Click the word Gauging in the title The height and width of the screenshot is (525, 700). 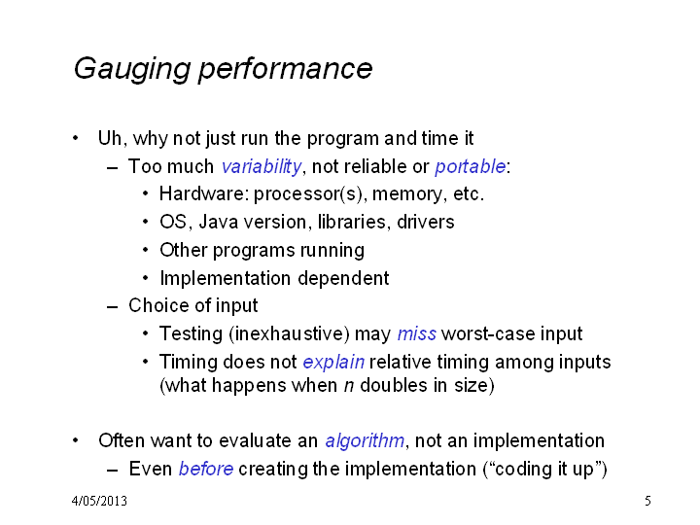[x=132, y=69]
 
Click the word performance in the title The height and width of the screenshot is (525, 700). [x=285, y=69]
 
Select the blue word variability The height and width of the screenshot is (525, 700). [x=262, y=167]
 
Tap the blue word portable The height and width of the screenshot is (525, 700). [x=471, y=167]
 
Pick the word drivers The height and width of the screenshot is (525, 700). [x=426, y=222]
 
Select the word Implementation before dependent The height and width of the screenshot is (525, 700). [x=226, y=279]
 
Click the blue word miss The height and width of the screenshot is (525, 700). [x=416, y=333]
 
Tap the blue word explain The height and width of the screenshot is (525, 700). [x=333, y=363]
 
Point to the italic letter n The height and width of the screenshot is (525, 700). [x=349, y=386]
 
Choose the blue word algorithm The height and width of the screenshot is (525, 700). [x=365, y=441]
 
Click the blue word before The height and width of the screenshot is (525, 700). [x=206, y=469]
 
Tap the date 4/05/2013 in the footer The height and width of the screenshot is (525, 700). [x=99, y=501]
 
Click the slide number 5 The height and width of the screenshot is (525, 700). [x=647, y=501]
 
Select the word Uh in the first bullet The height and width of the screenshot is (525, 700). [x=109, y=138]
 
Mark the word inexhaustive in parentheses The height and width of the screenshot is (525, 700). [x=289, y=333]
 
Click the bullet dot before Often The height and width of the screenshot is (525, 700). [x=76, y=440]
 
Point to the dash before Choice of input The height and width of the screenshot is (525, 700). [x=113, y=307]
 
